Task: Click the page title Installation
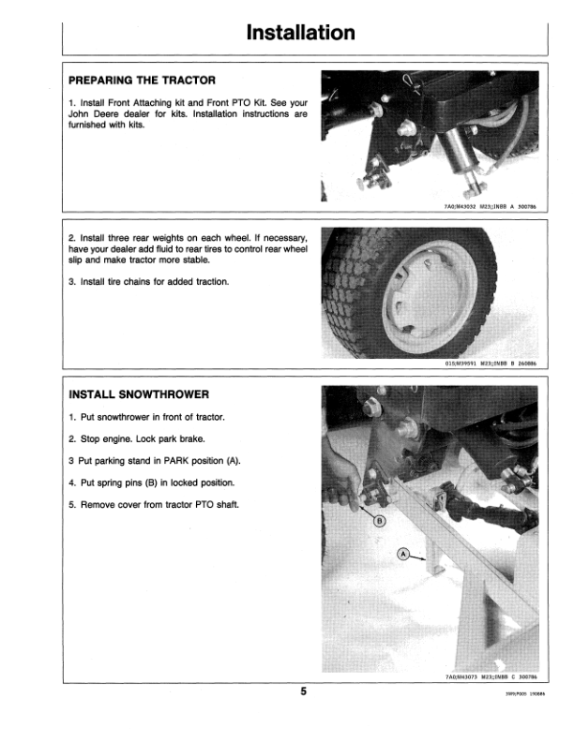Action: tap(300, 33)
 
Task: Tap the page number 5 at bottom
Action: tap(304, 692)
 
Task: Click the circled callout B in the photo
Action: tap(381, 520)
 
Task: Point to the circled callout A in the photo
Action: tap(402, 554)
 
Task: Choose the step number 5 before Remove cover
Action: tap(72, 506)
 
